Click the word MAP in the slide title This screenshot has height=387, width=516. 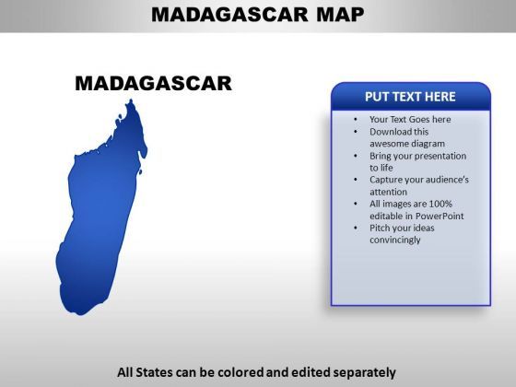coord(340,15)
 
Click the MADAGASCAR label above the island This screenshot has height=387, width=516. coord(153,83)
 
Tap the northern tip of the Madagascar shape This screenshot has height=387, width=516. coord(131,100)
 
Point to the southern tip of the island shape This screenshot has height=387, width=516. coord(80,313)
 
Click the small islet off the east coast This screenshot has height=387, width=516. coord(140,171)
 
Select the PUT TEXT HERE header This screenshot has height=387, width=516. coord(410,97)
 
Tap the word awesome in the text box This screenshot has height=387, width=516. coord(388,144)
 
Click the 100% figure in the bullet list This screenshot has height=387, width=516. coord(440,204)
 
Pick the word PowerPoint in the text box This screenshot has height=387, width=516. coord(440,216)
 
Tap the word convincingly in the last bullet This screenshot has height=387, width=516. coord(395,240)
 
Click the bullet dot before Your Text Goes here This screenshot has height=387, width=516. coord(356,120)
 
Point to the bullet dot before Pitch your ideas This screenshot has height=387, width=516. coord(356,229)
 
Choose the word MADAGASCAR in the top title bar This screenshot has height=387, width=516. coord(229,15)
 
